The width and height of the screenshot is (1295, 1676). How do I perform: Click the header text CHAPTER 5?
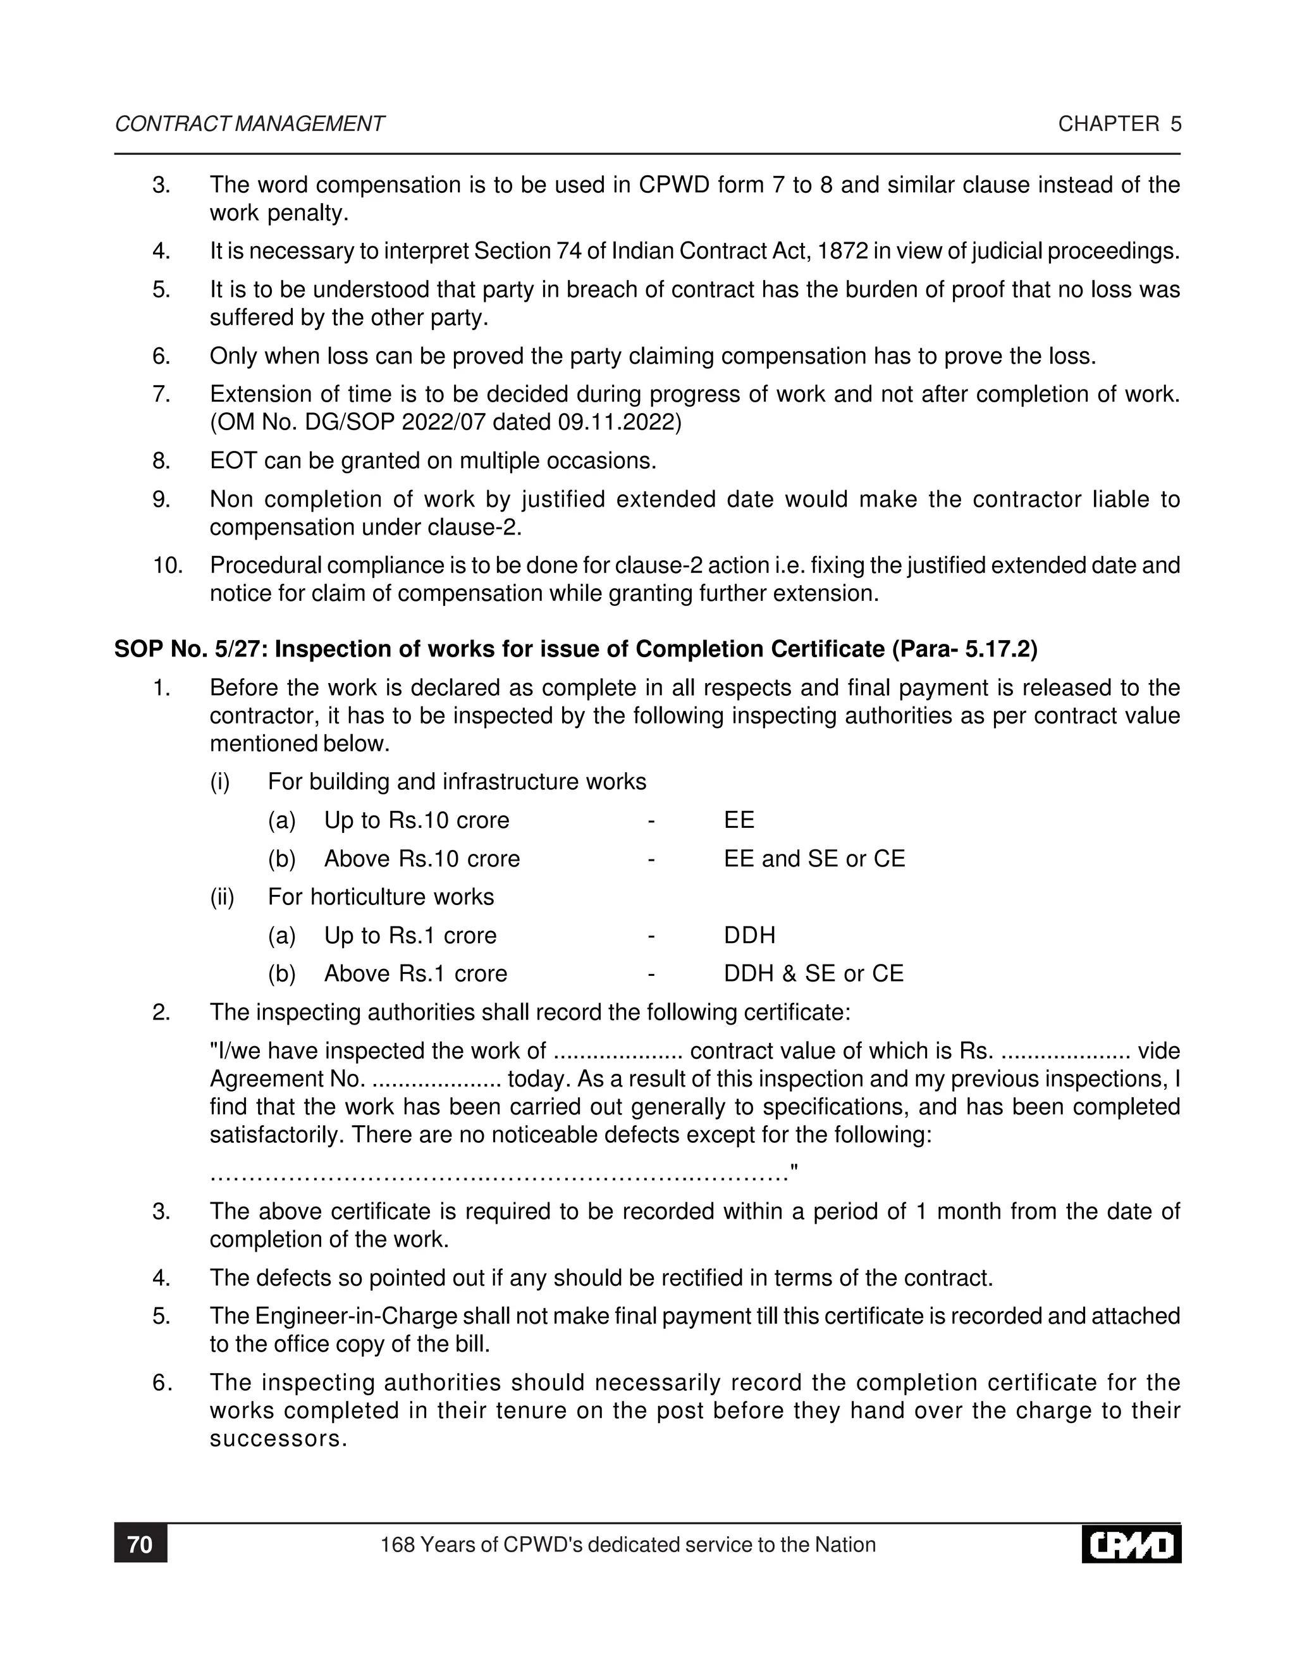(x=1119, y=125)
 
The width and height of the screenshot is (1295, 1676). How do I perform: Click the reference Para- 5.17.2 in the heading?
(x=964, y=650)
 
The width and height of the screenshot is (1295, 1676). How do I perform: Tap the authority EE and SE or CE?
(x=814, y=859)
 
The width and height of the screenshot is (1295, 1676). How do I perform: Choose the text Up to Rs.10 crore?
(x=416, y=820)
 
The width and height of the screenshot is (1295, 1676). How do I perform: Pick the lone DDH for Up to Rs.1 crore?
(x=749, y=935)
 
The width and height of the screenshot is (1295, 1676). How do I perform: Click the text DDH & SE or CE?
(x=813, y=974)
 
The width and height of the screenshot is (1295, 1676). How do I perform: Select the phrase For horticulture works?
(x=381, y=897)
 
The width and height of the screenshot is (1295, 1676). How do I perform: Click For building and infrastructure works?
(x=457, y=782)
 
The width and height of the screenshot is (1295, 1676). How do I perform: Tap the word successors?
(x=278, y=1439)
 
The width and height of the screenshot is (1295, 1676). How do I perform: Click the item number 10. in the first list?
(x=167, y=565)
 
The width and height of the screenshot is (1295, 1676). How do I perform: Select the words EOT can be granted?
(x=332, y=461)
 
